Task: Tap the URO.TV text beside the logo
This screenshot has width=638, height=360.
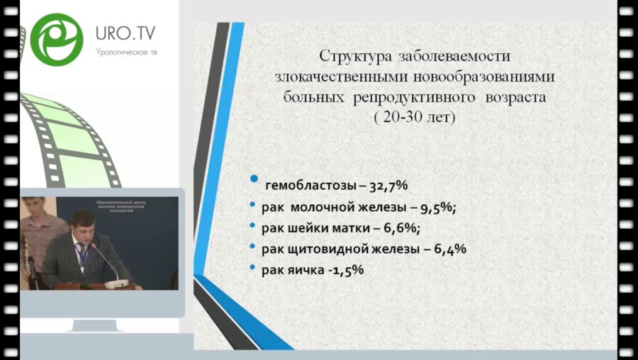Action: [125, 34]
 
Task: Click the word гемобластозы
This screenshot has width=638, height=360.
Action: [306, 186]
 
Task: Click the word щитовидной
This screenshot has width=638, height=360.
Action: [322, 249]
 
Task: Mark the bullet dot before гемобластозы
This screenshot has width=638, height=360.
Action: [254, 182]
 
